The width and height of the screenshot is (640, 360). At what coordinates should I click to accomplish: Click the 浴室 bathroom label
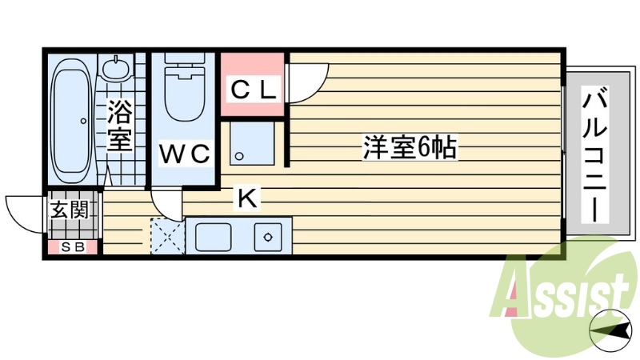(119, 125)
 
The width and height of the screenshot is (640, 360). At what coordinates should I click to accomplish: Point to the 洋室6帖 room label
(409, 147)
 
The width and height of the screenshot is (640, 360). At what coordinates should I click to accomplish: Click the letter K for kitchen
(247, 197)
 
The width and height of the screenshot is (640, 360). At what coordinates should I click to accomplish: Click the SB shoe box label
(73, 247)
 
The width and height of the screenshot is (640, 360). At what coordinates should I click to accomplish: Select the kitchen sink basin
(212, 236)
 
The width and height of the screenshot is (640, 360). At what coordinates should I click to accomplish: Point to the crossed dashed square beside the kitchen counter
(167, 236)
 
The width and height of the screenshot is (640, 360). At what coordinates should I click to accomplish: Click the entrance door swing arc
(24, 212)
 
